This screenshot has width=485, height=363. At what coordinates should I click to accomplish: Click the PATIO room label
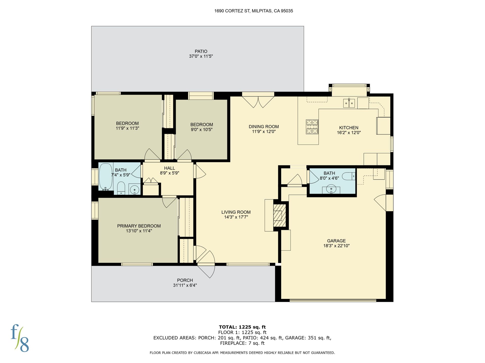point(201,51)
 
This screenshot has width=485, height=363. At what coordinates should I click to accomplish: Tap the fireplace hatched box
point(280,215)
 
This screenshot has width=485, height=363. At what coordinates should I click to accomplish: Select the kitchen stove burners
point(312,127)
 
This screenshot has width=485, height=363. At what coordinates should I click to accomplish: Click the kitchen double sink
point(349,103)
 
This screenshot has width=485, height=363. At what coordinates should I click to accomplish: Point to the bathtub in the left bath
point(105,176)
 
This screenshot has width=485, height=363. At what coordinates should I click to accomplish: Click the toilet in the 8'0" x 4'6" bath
point(349,176)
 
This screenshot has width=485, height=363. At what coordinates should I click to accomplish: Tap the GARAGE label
point(336,241)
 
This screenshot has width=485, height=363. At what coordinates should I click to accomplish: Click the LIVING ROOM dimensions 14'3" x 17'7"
point(236,217)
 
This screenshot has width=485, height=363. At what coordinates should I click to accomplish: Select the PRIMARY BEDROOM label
point(139,226)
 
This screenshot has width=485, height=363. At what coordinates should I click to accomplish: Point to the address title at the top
point(254,11)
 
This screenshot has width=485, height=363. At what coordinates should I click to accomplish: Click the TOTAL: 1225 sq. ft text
point(242,327)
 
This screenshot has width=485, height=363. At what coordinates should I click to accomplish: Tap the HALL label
point(169,168)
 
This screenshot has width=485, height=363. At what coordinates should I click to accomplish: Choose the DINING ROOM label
point(264,127)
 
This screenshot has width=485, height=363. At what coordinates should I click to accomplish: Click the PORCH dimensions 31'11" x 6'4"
point(185,285)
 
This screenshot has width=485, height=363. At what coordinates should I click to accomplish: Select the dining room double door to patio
point(258,100)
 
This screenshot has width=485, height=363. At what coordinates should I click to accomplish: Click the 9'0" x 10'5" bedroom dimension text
point(201,130)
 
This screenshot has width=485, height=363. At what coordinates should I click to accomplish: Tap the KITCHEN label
point(349,128)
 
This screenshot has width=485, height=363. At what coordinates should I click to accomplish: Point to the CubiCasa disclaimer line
point(242,353)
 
